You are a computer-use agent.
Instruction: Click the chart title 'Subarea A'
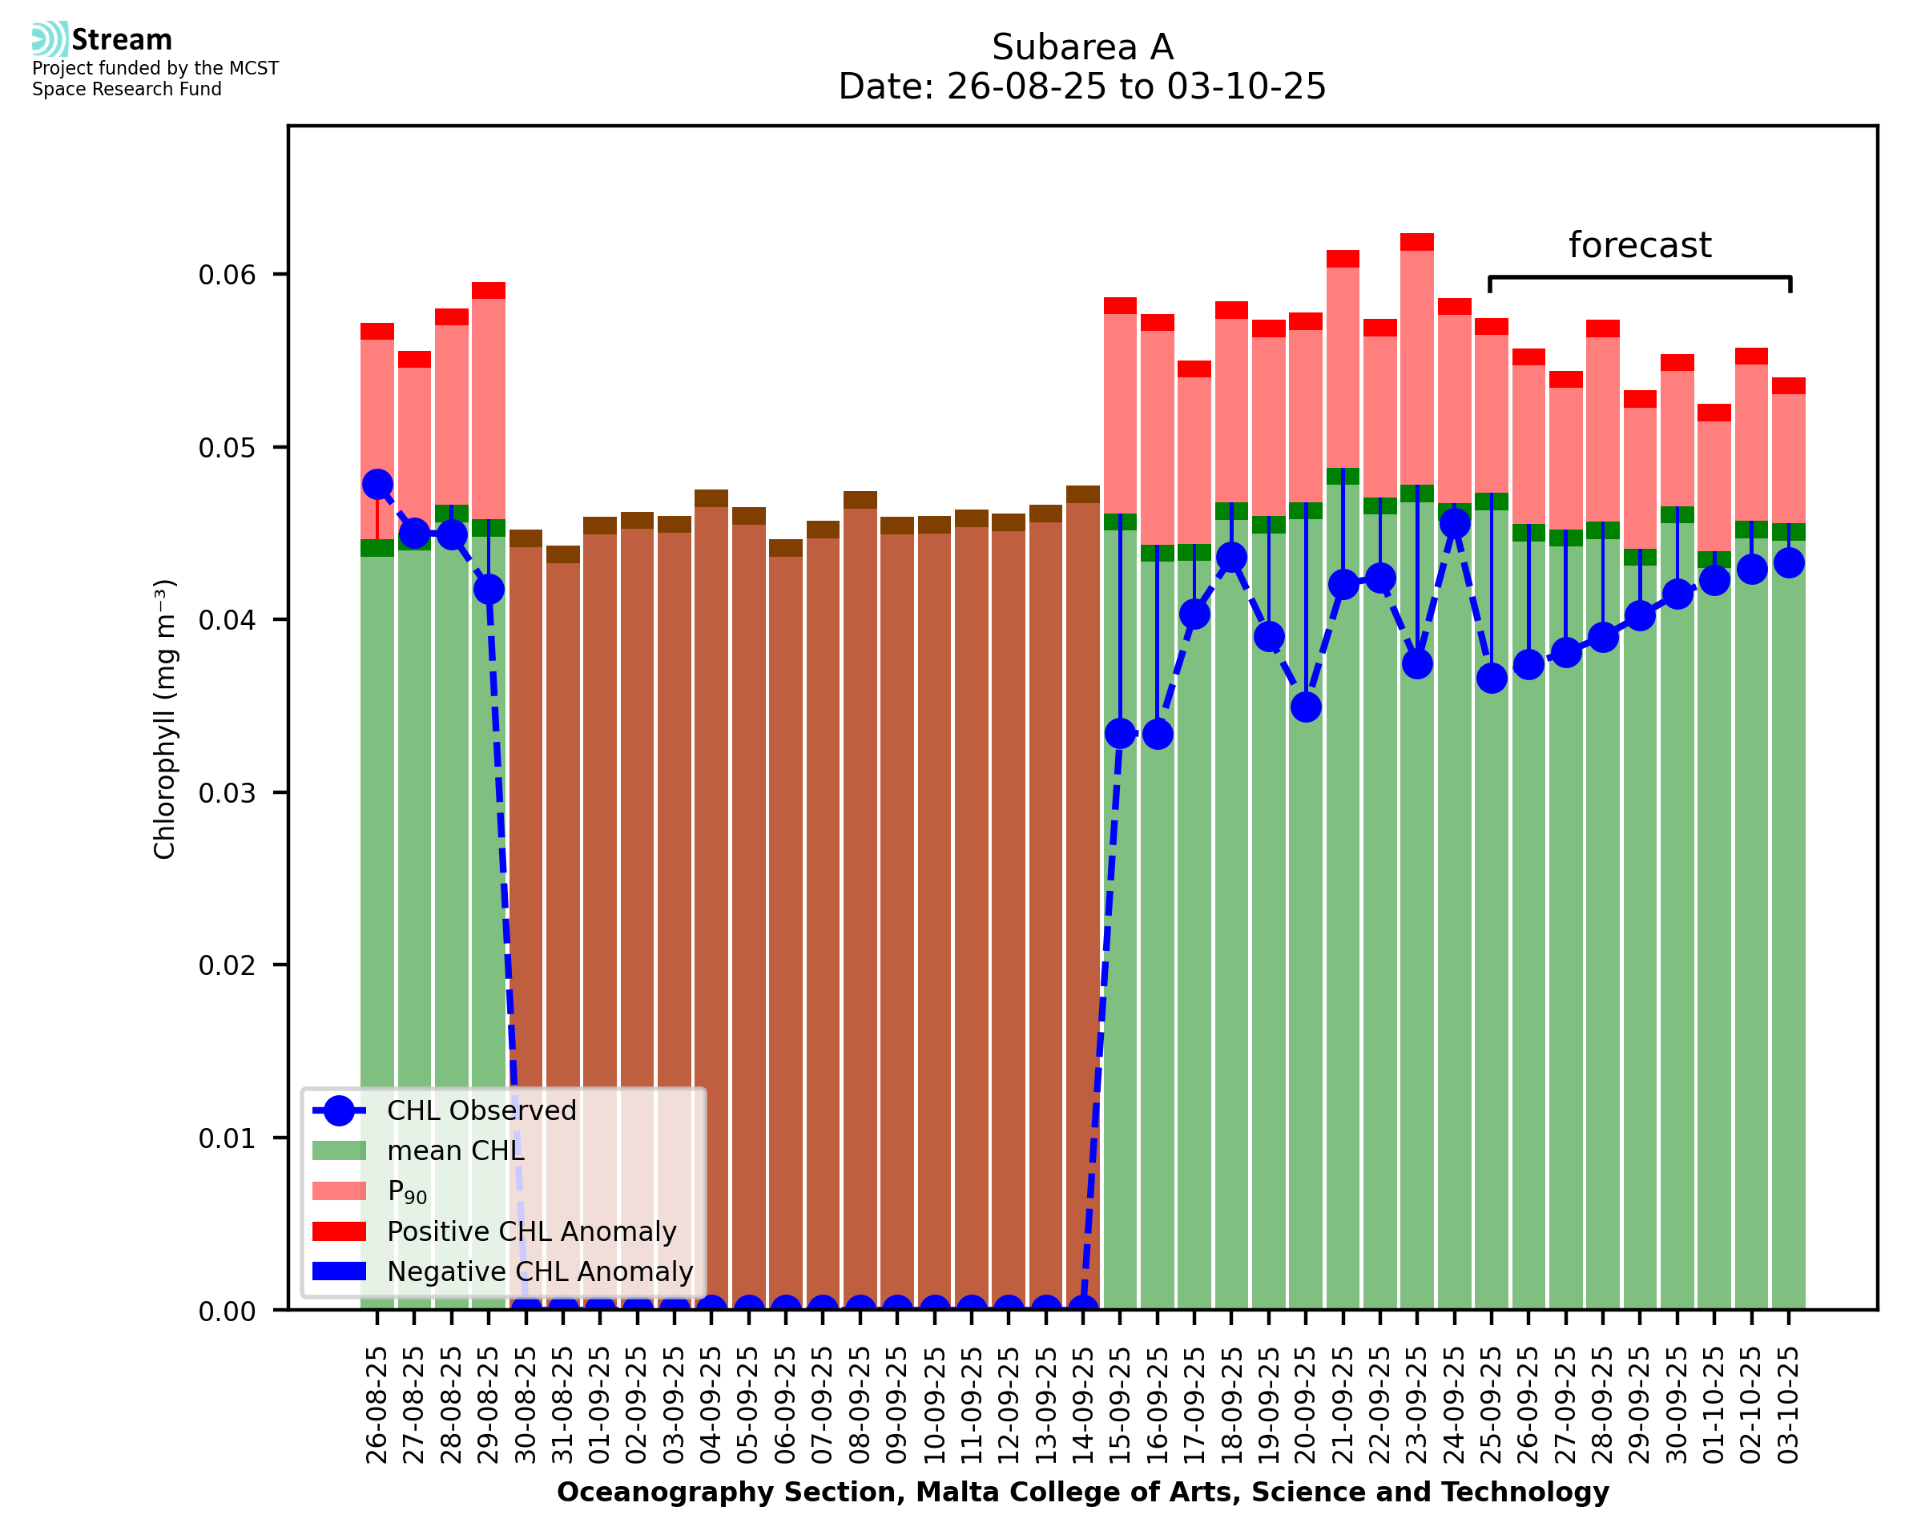[x=1081, y=47]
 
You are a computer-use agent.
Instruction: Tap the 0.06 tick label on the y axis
[x=227, y=275]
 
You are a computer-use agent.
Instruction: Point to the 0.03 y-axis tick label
[x=227, y=792]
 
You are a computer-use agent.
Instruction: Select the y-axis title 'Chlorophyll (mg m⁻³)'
[x=165, y=718]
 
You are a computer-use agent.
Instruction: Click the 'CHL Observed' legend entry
[x=481, y=1111]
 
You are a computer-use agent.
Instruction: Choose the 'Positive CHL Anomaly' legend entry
[x=531, y=1231]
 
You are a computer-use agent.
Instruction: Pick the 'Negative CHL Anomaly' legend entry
[x=539, y=1271]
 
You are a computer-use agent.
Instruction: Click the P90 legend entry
[x=407, y=1191]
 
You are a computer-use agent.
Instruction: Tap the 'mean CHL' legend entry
[x=456, y=1150]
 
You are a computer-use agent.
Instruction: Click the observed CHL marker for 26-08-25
[x=377, y=484]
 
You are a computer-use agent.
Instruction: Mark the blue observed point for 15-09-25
[x=1120, y=733]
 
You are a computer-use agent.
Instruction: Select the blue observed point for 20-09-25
[x=1306, y=707]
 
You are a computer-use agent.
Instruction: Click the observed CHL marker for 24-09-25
[x=1454, y=524]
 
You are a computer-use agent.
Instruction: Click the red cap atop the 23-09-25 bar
[x=1417, y=242]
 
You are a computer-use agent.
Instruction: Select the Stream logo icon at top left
[x=50, y=39]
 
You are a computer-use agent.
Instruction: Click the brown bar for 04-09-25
[x=711, y=887]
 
